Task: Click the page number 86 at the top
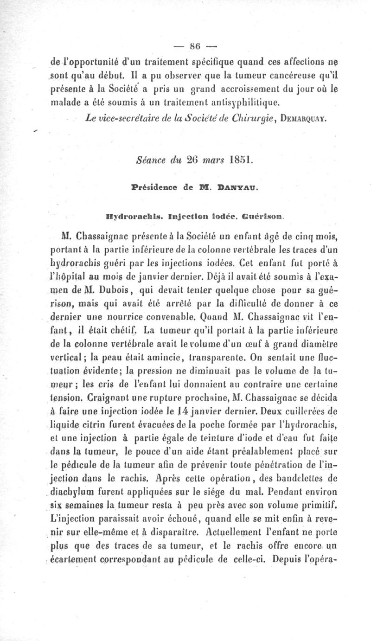[x=193, y=46]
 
